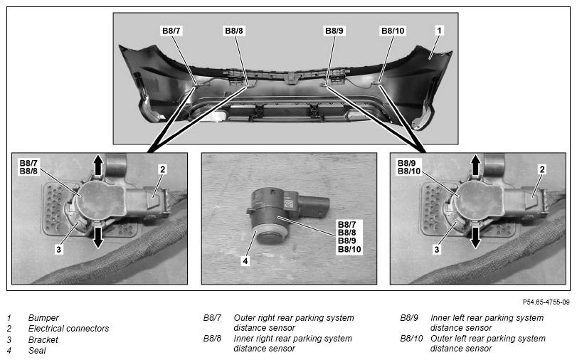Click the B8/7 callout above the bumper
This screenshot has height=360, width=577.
point(171,31)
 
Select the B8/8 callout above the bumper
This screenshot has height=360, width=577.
point(234,31)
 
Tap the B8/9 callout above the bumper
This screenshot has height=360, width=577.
point(334,31)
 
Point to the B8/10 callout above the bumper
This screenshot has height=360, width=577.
point(393,31)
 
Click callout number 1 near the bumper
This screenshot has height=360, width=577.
point(439,30)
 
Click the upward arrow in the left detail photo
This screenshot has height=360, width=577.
point(98,165)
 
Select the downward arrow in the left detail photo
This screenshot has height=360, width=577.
point(98,238)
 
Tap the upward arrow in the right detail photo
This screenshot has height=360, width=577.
point(476,165)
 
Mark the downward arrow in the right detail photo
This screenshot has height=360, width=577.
point(476,238)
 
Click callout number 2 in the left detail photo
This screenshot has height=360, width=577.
point(163,169)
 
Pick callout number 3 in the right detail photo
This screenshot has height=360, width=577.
point(437,250)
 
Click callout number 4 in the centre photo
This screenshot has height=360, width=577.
point(245,261)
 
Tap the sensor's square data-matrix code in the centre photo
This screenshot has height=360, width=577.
point(289,203)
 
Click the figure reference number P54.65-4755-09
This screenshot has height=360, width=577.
point(546,302)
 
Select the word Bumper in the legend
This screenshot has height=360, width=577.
point(43,318)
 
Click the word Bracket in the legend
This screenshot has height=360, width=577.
point(43,339)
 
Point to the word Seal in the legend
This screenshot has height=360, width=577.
point(37,351)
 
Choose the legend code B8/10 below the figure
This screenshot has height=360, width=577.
point(411,338)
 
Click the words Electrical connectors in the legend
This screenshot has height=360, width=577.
point(69,329)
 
